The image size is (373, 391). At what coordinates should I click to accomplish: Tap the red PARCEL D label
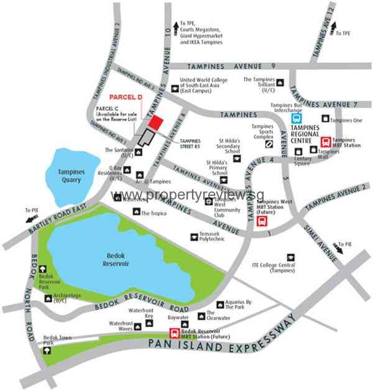[126, 98]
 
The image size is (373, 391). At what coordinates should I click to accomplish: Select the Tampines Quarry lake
[70, 176]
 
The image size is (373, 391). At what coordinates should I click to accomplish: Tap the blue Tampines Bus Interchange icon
[297, 118]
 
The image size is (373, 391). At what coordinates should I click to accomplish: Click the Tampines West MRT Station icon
[262, 221]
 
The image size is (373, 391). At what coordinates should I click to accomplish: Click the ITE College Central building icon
[290, 257]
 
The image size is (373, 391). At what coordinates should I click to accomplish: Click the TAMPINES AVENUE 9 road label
[236, 67]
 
